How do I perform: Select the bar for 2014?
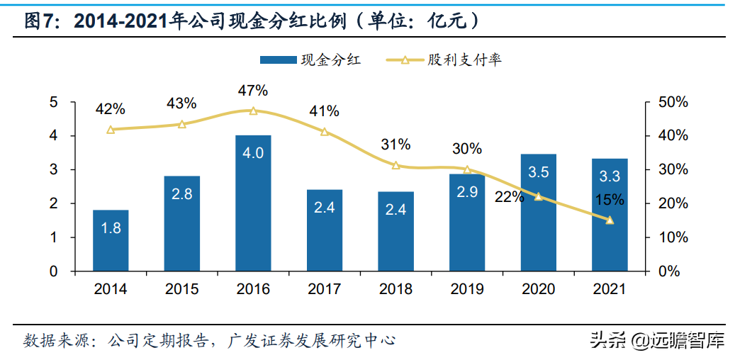click(x=111, y=241)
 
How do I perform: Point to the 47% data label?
click(x=253, y=91)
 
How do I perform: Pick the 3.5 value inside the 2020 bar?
click(x=538, y=172)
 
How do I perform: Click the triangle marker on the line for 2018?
click(x=395, y=165)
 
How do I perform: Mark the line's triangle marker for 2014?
click(x=111, y=130)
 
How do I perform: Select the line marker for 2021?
click(x=610, y=220)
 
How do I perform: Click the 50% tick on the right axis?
click(x=671, y=102)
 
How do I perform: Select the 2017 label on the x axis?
click(x=324, y=289)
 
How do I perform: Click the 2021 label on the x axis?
click(x=610, y=289)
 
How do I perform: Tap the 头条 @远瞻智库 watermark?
click(x=656, y=341)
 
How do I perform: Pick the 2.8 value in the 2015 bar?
click(x=181, y=193)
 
